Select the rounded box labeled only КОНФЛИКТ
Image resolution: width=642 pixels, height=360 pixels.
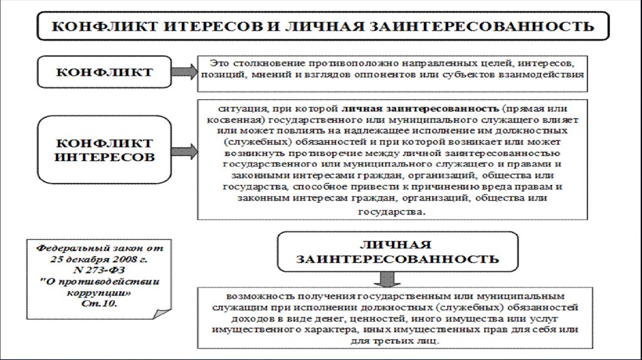coord(104,71)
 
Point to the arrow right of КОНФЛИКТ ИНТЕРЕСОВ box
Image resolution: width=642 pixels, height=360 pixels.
coord(184,151)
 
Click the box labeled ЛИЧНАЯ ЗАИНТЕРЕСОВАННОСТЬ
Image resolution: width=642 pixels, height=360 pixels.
coord(397,251)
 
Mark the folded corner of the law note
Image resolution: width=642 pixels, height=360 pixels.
coord(163,312)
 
